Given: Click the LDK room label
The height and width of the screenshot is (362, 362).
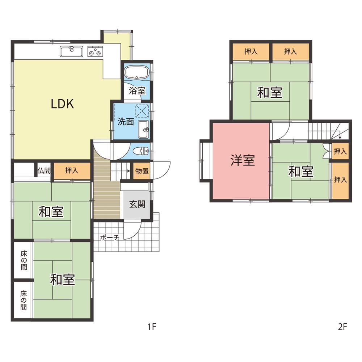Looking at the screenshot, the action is (x=62, y=104).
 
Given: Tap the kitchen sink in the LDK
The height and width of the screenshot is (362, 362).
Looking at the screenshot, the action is (x=72, y=51).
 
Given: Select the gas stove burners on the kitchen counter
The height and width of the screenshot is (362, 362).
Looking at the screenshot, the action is (x=95, y=51).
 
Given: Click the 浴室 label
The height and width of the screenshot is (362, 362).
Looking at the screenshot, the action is (x=137, y=90).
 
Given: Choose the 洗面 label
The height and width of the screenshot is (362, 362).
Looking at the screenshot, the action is (x=126, y=121).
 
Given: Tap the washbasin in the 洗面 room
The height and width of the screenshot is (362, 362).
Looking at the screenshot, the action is (x=144, y=129).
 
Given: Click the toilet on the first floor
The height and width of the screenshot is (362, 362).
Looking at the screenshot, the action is (x=141, y=151).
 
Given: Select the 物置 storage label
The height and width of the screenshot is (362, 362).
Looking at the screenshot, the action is (x=142, y=171).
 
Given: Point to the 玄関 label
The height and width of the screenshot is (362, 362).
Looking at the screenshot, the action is (x=137, y=204).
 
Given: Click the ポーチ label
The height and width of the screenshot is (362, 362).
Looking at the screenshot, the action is (x=110, y=237).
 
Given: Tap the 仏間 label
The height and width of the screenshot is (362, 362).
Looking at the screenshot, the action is (x=44, y=171).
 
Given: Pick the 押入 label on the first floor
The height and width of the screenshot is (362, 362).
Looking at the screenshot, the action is (x=72, y=171).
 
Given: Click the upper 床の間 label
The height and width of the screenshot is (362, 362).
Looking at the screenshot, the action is (x=24, y=260).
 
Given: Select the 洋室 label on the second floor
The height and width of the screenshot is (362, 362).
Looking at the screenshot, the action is (x=243, y=160).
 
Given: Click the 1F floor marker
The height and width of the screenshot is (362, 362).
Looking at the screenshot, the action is (x=152, y=327).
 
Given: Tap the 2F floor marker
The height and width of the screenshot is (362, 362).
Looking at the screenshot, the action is (x=342, y=327).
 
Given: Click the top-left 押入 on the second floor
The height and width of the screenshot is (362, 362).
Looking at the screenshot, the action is (x=251, y=51).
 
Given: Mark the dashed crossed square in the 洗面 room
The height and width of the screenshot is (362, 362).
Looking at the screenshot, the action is (x=142, y=111).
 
